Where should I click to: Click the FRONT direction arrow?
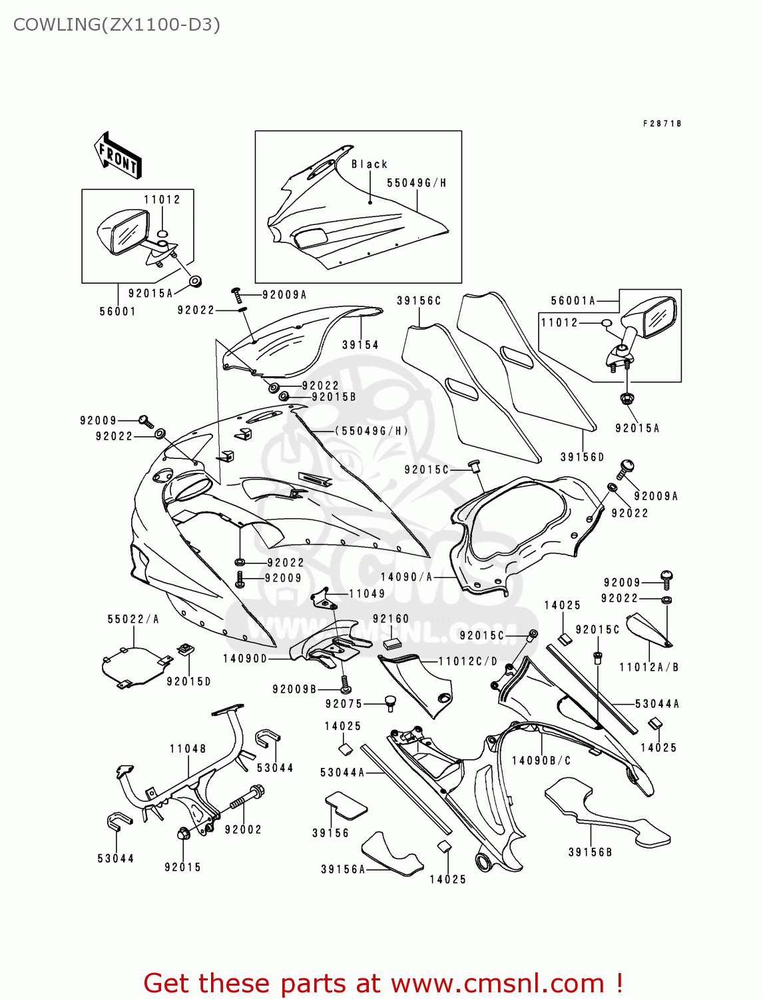[118, 155]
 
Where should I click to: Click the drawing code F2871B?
[662, 124]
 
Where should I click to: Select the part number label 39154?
[360, 345]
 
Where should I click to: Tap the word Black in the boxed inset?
[370, 165]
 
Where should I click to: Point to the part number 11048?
[188, 749]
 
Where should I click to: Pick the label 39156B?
[590, 852]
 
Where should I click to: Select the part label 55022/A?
[133, 619]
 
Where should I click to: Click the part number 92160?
[391, 619]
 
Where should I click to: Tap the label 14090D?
[245, 659]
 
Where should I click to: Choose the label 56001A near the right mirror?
[573, 301]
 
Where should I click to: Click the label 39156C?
[419, 301]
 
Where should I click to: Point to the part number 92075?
[344, 704]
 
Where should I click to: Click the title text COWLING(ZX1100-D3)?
[117, 25]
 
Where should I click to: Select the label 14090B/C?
[541, 761]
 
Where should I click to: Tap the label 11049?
[367, 594]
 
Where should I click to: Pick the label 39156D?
[582, 458]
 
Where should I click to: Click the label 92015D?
[188, 681]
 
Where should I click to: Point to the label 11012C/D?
[468, 661]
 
